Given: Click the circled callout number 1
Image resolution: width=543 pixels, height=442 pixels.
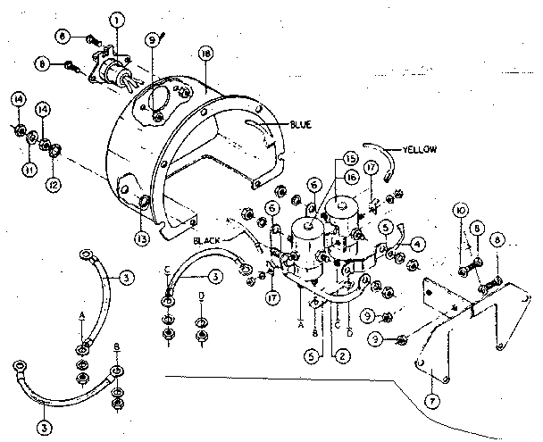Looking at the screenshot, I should click(x=115, y=19).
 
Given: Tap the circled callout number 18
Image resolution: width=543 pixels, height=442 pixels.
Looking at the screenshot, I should click(x=206, y=55).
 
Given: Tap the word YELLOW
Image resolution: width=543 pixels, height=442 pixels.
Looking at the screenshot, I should click(x=420, y=150).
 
